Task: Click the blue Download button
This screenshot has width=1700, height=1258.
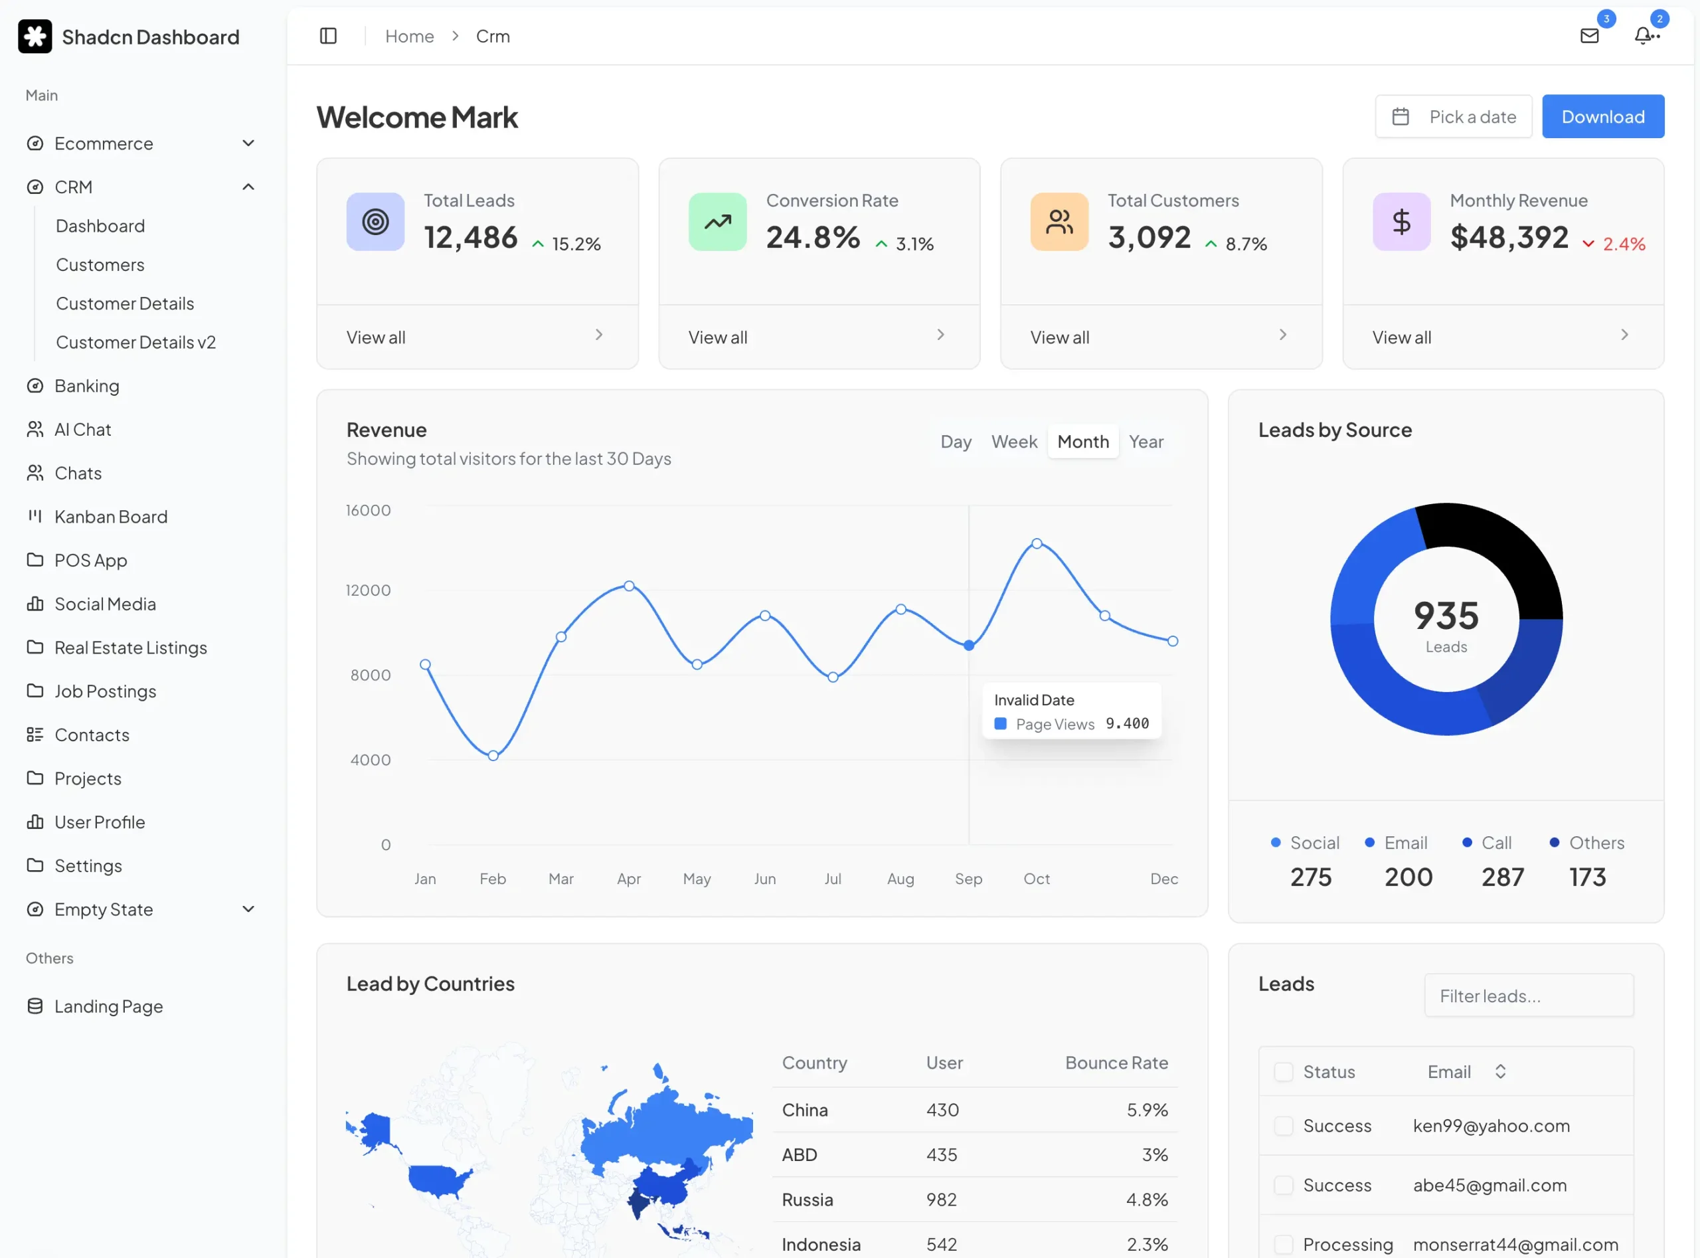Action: click(1602, 116)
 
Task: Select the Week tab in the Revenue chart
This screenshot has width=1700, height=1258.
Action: click(1013, 442)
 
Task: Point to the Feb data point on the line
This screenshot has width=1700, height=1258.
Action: click(493, 755)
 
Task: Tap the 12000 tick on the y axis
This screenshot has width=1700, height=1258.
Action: click(368, 590)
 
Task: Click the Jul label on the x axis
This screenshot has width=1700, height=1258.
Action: click(832, 879)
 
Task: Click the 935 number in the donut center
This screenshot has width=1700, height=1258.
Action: click(1445, 615)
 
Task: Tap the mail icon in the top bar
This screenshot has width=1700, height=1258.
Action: click(1589, 36)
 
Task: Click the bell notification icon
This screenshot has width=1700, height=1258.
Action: click(1644, 36)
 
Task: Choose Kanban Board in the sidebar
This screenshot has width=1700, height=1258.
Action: click(111, 517)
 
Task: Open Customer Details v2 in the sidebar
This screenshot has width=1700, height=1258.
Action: click(135, 343)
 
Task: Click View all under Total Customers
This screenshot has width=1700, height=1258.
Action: click(1059, 337)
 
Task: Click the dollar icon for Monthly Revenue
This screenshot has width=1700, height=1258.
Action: click(1401, 222)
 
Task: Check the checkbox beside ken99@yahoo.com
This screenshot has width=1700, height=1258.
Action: click(1284, 1126)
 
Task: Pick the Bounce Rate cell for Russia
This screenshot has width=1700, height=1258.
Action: click(1147, 1200)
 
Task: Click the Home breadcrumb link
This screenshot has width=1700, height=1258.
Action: click(409, 36)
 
